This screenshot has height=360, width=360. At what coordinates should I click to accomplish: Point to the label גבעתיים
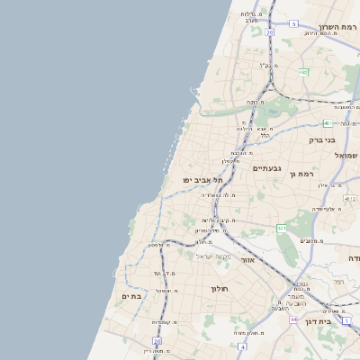click(x=268, y=168)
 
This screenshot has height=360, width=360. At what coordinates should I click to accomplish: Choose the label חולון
click(x=220, y=289)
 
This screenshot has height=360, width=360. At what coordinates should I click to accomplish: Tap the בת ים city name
click(x=132, y=295)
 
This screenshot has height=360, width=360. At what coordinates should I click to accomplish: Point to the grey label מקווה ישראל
click(x=214, y=256)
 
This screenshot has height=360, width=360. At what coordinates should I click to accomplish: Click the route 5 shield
click(x=293, y=24)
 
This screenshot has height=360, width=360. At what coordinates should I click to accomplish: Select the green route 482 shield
click(x=303, y=72)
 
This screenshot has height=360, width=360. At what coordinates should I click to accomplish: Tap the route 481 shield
click(x=325, y=123)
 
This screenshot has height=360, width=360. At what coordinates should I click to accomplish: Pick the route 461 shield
click(x=282, y=229)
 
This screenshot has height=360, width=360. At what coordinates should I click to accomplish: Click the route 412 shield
click(x=350, y=198)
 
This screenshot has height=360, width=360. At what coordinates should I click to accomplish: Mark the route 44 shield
click(x=293, y=319)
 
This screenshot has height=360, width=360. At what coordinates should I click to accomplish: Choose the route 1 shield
click(x=346, y=320)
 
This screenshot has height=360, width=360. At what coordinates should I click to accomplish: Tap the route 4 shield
click(x=242, y=346)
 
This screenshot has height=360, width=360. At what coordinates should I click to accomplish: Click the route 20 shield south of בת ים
click(x=157, y=341)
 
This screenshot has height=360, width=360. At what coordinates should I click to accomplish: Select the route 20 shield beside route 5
click(x=269, y=32)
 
